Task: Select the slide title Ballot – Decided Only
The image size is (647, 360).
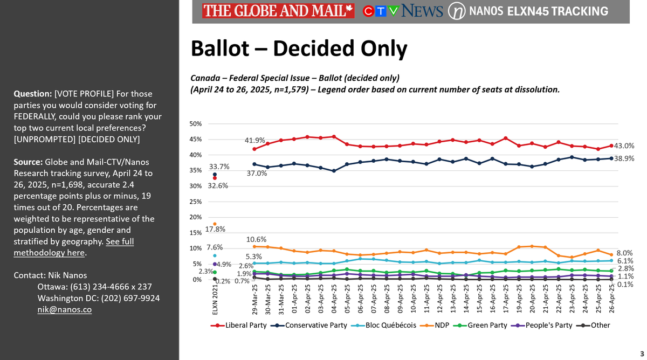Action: [299, 49]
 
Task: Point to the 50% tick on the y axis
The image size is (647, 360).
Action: [196, 124]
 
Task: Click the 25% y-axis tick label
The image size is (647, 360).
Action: [196, 202]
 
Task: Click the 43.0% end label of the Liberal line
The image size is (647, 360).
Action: [624, 146]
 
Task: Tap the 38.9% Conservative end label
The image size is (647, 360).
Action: [624, 159]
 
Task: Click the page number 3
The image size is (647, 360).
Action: [641, 353]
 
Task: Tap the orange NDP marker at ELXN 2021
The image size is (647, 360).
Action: [215, 224]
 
